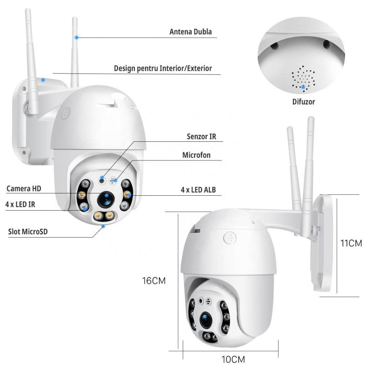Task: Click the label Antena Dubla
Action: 190,32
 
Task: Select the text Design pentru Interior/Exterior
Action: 163,68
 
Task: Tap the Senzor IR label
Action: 201,137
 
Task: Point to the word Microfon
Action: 196,155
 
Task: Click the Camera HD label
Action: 24,188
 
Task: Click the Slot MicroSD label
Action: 28,231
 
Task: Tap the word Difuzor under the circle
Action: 304,101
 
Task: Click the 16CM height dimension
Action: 153,281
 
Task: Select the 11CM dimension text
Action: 351,243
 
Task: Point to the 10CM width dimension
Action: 232,359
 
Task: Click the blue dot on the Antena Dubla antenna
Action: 77,37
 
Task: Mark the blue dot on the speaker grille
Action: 303,86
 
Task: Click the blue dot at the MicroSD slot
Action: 103,226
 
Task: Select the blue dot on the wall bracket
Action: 43,80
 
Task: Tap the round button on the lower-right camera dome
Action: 229,238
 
